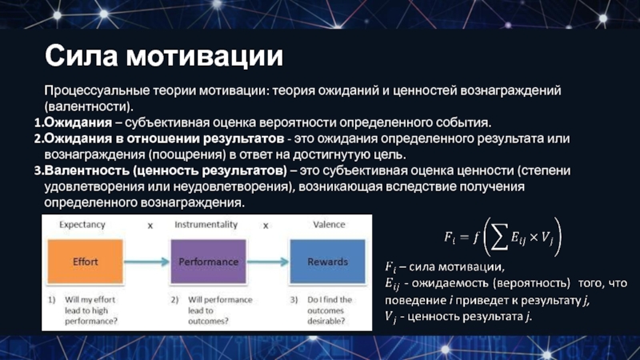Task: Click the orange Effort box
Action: click(86, 262)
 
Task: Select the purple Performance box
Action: click(208, 262)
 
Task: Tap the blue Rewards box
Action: click(328, 262)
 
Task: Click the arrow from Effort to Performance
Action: click(146, 262)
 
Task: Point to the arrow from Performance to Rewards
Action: click(267, 262)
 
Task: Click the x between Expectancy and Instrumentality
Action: click(150, 226)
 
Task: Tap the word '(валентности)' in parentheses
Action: click(89, 106)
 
